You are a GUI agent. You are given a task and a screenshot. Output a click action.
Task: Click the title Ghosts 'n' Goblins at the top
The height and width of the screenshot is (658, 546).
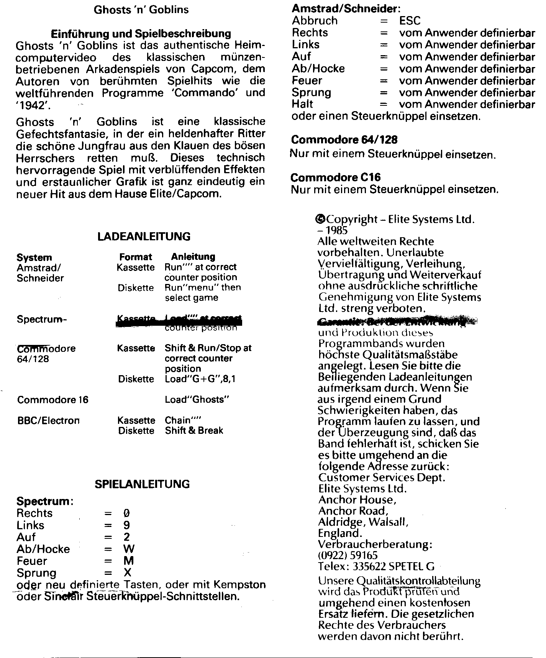click(141, 10)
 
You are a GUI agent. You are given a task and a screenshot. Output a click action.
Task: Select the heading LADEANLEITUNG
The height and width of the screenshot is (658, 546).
click(144, 236)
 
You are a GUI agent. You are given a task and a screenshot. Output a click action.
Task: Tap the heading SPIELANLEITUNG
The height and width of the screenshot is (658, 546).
click(142, 484)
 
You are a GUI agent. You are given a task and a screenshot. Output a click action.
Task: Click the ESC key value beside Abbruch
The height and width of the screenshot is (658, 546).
click(410, 21)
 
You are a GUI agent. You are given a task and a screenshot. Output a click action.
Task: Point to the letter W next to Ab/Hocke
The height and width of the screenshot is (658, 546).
click(129, 549)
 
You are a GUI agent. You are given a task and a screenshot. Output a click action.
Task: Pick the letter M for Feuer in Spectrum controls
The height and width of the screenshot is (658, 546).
click(129, 561)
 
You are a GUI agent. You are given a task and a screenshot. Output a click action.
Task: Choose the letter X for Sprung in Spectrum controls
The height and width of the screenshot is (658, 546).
click(128, 573)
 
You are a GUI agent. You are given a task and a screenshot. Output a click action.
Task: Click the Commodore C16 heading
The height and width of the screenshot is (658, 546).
click(336, 178)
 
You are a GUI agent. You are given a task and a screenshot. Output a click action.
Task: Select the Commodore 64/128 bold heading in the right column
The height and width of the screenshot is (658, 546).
click(344, 140)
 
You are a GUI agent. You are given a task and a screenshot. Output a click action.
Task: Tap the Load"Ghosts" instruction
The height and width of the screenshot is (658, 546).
click(197, 400)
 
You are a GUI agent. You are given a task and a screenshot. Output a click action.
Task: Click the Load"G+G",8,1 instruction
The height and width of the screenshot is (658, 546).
click(200, 379)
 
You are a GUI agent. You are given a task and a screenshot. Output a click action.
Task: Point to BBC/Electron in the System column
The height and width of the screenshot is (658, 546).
click(49, 420)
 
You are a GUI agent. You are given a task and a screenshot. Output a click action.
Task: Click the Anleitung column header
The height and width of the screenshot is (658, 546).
click(193, 257)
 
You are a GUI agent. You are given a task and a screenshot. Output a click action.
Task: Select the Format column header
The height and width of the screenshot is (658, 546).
click(136, 257)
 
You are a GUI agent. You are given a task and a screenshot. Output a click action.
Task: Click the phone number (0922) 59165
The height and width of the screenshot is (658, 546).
click(348, 555)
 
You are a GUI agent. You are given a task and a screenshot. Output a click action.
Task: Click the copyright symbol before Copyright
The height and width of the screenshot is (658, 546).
click(320, 219)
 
